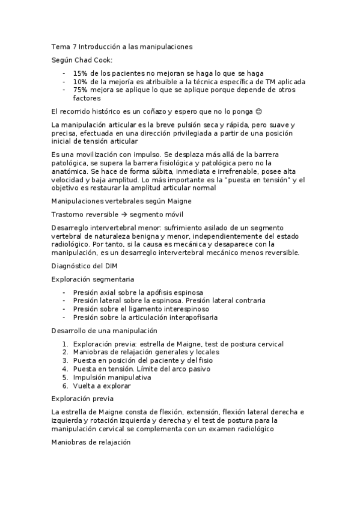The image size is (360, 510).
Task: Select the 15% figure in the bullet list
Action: click(80, 73)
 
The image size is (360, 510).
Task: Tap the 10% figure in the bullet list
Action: click(80, 82)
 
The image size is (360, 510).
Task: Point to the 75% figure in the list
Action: click(80, 90)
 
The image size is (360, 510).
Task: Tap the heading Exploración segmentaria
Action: click(93, 279)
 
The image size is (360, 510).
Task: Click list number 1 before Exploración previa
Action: click(65, 344)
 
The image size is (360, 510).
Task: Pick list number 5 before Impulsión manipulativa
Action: click(65, 378)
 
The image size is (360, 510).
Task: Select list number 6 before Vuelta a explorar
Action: click(65, 386)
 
